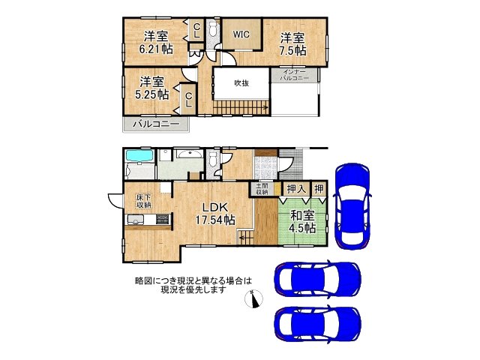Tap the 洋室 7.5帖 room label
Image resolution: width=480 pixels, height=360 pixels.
point(293,43)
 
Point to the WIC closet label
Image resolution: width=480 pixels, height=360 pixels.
point(241,34)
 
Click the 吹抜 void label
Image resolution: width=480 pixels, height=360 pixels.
point(241,83)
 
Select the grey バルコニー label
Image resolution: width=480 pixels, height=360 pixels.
point(155,124)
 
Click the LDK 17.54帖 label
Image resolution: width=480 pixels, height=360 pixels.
point(214,214)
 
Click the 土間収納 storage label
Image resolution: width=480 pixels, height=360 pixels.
point(262,188)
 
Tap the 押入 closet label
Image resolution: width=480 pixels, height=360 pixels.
point(296,190)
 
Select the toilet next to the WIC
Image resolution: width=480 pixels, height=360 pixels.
point(212,31)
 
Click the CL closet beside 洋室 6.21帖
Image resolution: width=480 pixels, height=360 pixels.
point(196,31)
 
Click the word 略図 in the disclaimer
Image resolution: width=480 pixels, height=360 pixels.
point(143,280)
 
